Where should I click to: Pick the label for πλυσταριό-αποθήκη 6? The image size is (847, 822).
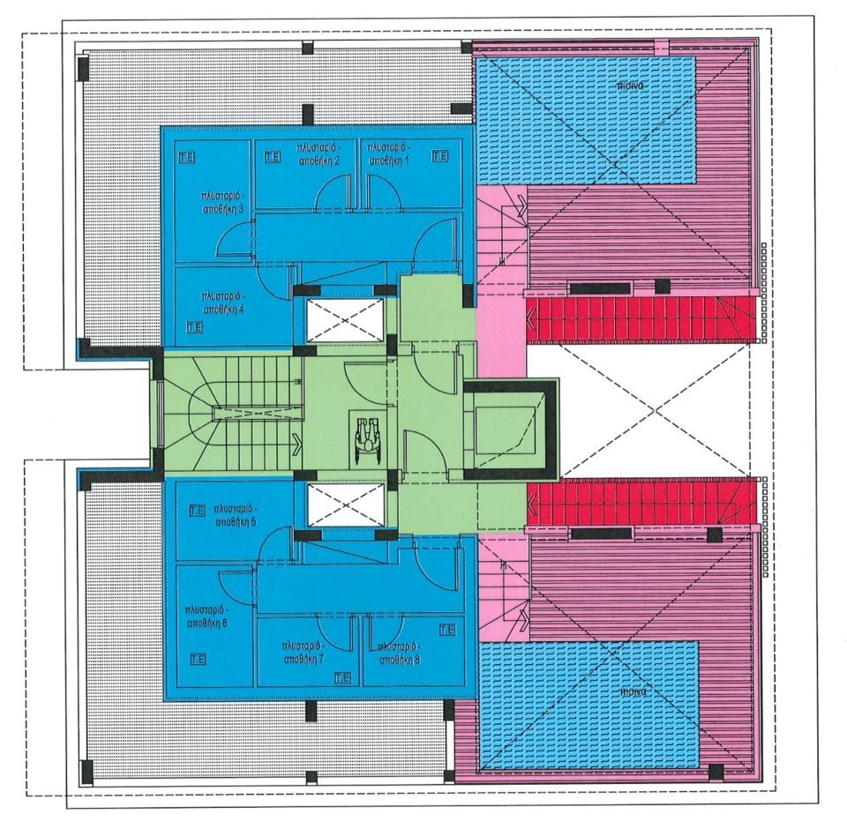pyautogui.click(x=208, y=616)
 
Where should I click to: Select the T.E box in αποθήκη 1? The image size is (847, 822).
pyautogui.click(x=439, y=155)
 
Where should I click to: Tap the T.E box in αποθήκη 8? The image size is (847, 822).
pyautogui.click(x=446, y=629)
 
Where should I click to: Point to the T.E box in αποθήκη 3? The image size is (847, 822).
pyautogui.click(x=186, y=157)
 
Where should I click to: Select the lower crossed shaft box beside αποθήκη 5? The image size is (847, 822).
pyautogui.click(x=344, y=504)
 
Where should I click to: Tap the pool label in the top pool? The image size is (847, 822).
pyautogui.click(x=628, y=86)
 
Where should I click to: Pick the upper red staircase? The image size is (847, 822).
pyautogui.click(x=641, y=321)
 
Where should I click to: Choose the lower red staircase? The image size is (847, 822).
pyautogui.click(x=641, y=502)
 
